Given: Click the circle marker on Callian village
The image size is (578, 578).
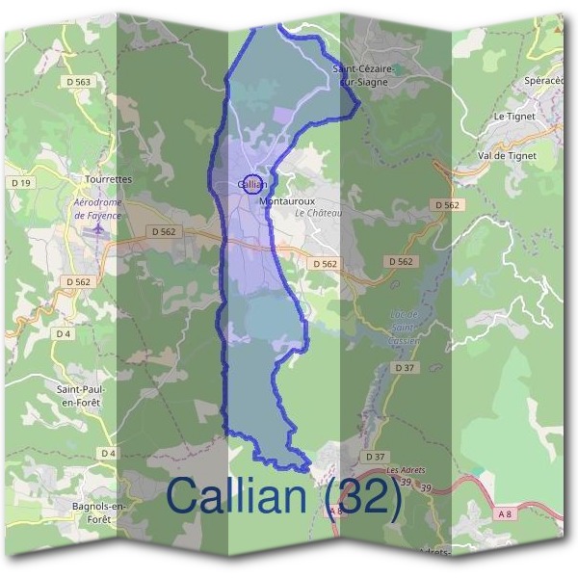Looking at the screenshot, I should (x=251, y=183).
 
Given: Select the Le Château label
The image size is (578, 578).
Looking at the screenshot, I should (x=318, y=212).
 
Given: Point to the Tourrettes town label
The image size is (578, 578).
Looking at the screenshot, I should (x=108, y=179).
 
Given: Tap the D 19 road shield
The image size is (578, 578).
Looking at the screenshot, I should (x=21, y=182).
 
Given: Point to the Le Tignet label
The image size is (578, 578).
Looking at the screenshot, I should (x=513, y=117).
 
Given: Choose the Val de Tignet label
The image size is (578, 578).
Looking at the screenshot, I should (x=507, y=154).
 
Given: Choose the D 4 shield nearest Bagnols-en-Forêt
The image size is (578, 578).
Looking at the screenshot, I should (x=107, y=454).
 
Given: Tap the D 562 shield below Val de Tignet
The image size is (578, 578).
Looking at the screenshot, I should (x=446, y=205).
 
